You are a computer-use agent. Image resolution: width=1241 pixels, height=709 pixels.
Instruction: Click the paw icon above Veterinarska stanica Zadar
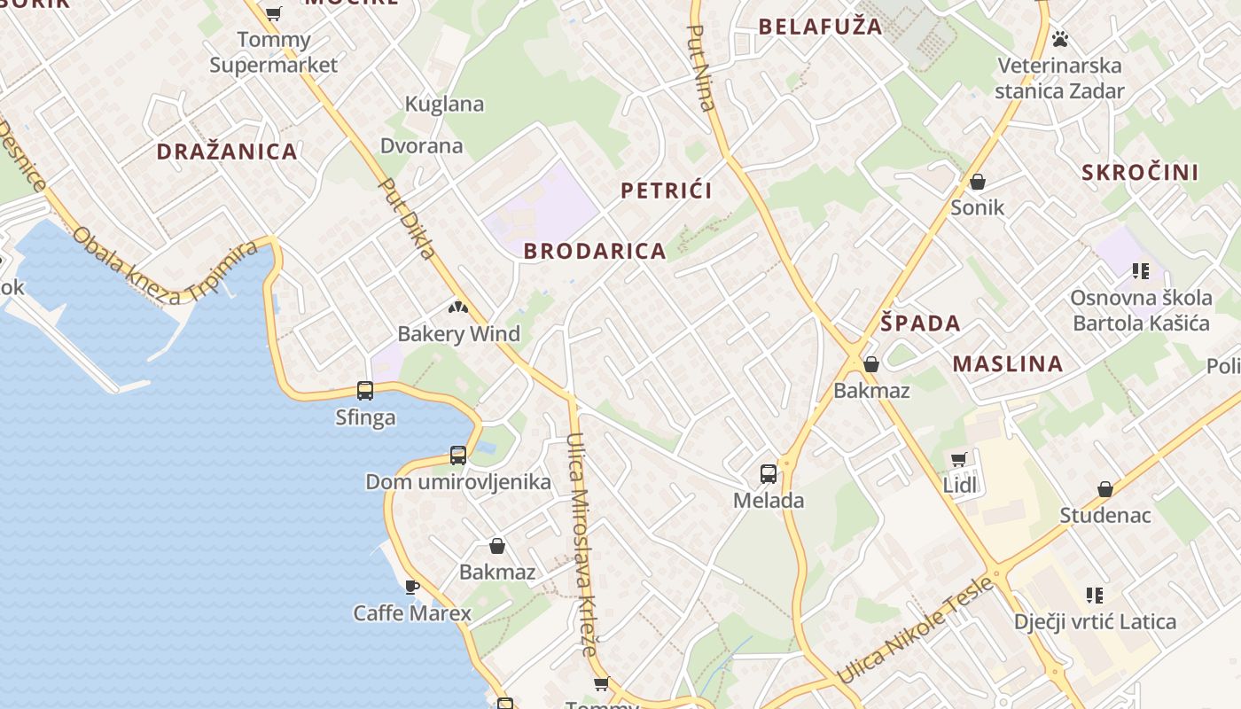(x=1059, y=39)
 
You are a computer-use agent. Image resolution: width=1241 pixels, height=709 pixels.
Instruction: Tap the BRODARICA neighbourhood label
(x=594, y=251)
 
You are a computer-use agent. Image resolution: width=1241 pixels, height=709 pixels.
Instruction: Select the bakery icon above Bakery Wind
(x=458, y=308)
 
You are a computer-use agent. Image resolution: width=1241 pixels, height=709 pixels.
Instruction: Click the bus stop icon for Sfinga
(x=365, y=390)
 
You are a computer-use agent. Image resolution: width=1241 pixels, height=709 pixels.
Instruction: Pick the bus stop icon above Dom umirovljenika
(x=458, y=456)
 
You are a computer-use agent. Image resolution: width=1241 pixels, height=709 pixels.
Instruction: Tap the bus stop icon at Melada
(x=769, y=474)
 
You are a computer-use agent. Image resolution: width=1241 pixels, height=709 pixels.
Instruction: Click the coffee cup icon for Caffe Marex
(x=411, y=587)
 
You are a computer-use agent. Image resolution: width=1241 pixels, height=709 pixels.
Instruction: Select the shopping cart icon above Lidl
(x=958, y=459)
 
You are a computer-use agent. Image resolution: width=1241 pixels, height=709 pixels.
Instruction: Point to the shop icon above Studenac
(x=1105, y=489)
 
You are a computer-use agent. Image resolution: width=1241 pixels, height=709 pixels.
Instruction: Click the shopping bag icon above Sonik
(x=977, y=183)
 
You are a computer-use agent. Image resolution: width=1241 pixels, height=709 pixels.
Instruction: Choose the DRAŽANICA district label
(x=227, y=152)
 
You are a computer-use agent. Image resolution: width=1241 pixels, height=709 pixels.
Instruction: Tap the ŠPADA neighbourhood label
(x=921, y=323)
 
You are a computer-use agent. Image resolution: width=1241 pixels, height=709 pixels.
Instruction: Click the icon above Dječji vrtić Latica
(x=1095, y=596)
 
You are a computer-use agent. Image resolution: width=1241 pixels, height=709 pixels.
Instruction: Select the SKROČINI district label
(x=1139, y=173)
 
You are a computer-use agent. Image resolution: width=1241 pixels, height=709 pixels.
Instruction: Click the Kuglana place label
(x=444, y=105)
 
